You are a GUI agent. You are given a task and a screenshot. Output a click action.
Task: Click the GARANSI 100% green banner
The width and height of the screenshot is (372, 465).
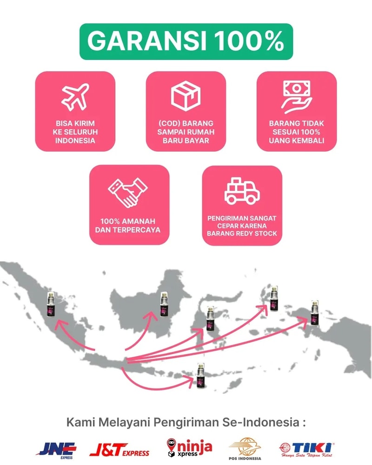(x=186, y=41)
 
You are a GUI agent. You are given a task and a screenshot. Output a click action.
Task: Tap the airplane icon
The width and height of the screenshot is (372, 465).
(x=75, y=95)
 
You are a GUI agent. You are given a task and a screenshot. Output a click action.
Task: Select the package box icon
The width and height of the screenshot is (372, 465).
(x=186, y=94)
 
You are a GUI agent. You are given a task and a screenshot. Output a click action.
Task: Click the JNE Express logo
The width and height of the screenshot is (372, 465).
(x=57, y=450)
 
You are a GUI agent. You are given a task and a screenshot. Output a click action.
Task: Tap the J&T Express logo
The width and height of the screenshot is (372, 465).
(x=120, y=450)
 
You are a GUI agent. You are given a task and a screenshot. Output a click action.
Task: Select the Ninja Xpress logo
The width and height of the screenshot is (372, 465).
(x=189, y=448)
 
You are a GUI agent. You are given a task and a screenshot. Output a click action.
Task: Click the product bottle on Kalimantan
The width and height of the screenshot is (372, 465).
(x=164, y=305)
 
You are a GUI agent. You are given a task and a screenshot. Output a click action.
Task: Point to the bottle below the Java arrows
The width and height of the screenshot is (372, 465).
(x=200, y=376)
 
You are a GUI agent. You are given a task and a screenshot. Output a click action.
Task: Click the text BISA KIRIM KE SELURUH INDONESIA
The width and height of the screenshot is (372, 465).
(x=75, y=132)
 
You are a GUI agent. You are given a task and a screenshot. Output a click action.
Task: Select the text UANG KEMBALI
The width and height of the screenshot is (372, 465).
(x=297, y=140)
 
